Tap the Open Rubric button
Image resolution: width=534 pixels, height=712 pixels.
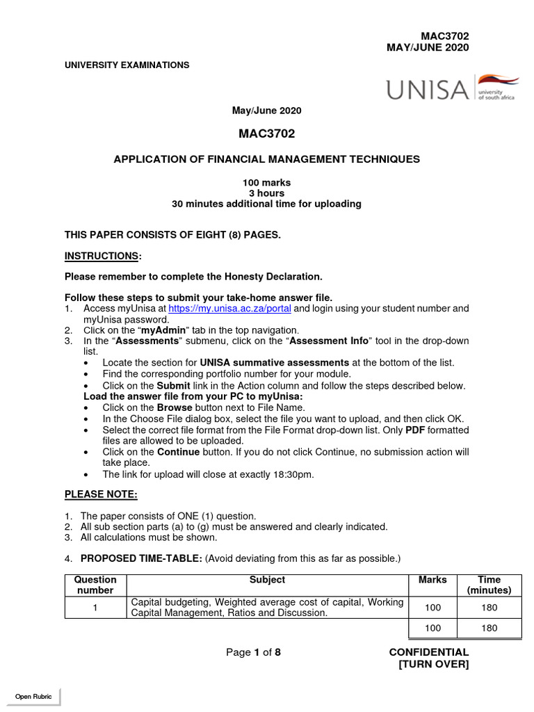(33, 696)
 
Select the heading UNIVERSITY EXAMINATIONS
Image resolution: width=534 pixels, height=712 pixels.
(127, 65)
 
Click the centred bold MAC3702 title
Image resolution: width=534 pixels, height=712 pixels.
(266, 133)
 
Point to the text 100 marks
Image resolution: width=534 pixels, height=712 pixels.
(266, 182)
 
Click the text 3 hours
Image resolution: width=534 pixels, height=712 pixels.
(266, 193)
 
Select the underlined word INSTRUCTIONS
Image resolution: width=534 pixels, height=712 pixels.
(102, 256)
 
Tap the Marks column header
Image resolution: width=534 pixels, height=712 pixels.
(432, 579)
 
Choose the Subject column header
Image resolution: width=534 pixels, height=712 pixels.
(267, 579)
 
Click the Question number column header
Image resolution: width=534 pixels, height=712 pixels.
(95, 585)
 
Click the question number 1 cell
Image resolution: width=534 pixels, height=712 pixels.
(95, 607)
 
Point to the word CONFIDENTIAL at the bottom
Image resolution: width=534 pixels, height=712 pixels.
(428, 652)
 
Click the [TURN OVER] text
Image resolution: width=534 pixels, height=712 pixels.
(433, 664)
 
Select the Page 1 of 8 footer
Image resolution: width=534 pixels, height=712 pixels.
(253, 652)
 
